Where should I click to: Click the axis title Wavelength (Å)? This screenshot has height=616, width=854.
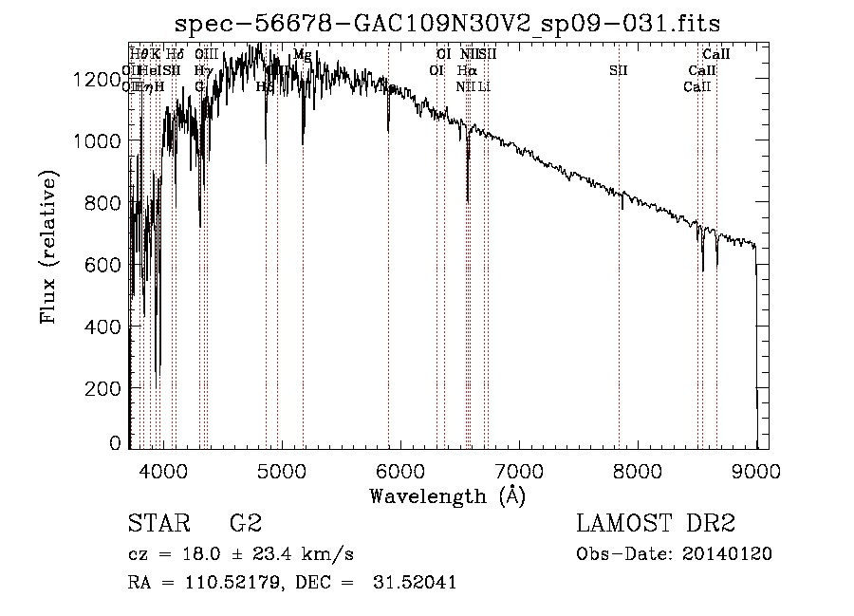pyautogui.click(x=447, y=495)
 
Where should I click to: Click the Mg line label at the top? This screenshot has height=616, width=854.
pyautogui.click(x=302, y=55)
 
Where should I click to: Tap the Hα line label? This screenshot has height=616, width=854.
pyautogui.click(x=466, y=70)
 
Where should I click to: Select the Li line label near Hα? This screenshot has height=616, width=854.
pyautogui.click(x=484, y=86)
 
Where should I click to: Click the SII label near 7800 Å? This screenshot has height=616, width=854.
pyautogui.click(x=619, y=70)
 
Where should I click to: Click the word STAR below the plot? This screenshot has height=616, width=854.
pyautogui.click(x=158, y=525)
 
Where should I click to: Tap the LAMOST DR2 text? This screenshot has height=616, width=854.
pyautogui.click(x=656, y=525)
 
